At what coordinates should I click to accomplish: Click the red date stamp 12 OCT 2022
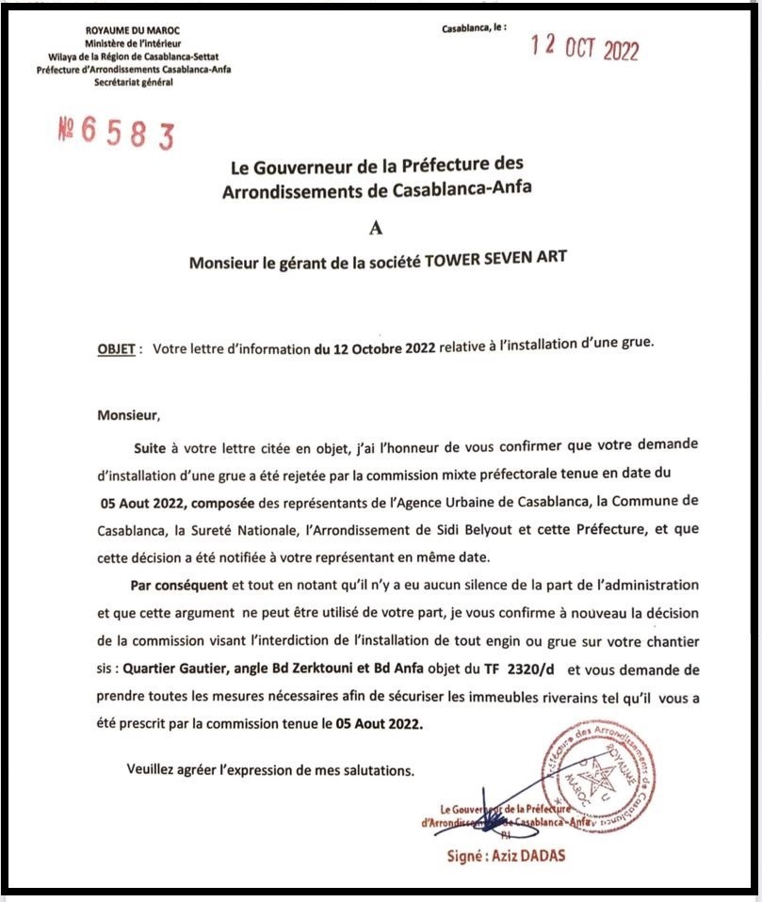tap(585, 49)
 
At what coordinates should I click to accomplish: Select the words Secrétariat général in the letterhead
tap(133, 82)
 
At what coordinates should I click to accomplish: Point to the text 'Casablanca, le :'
tap(474, 28)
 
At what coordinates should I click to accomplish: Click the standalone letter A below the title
tap(378, 226)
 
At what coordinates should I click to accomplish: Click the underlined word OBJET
tap(117, 346)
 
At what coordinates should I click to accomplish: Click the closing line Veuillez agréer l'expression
tap(270, 770)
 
